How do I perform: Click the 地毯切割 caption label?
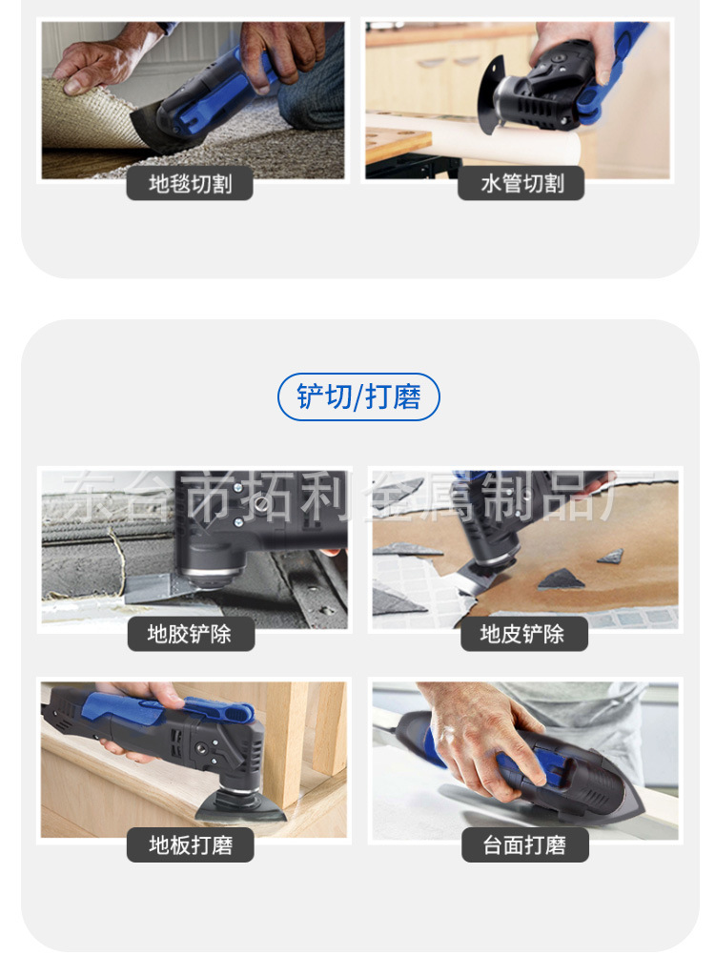pos(190,184)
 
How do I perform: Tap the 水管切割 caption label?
pos(520,184)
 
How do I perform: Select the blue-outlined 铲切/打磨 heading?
pos(358,397)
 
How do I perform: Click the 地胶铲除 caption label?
pos(190,634)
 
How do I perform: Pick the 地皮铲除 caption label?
pos(523,634)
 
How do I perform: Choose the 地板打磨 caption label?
pos(190,844)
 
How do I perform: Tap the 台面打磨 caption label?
pos(524,844)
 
